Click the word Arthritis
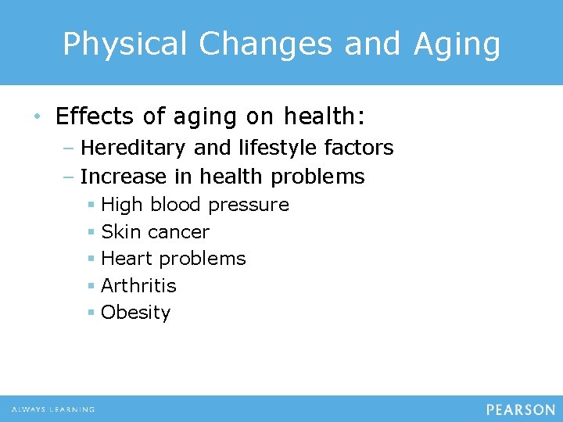tap(138, 286)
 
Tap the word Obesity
tap(135, 313)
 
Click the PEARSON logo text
tap(520, 409)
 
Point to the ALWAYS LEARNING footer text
tap(53, 409)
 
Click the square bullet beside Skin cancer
tap(91, 232)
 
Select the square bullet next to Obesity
tap(91, 313)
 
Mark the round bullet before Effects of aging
tap(38, 117)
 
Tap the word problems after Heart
tap(210, 259)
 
